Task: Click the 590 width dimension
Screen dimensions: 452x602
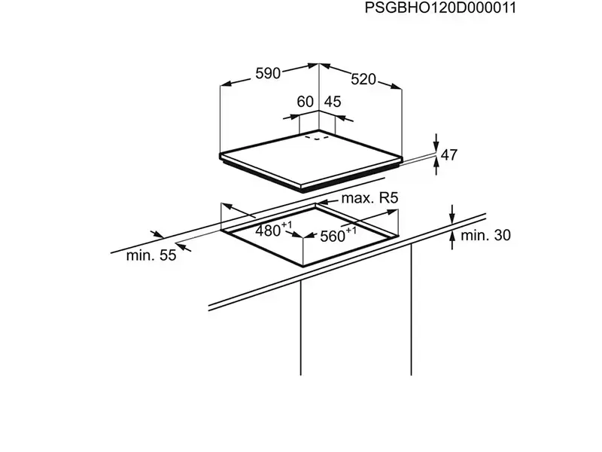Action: coord(268,73)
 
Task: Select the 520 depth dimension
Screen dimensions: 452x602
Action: coord(363,78)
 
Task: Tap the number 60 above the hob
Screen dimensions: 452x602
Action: coord(305,102)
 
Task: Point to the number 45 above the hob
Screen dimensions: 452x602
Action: coord(332,102)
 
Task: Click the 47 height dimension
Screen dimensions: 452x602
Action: coord(449,155)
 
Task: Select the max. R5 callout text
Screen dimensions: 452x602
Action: coord(369,199)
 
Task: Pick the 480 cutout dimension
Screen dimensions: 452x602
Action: coord(267,231)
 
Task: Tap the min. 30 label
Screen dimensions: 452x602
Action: coord(485,236)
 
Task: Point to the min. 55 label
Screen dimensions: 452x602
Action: coord(150,255)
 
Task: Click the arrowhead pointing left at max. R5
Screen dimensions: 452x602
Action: coord(321,203)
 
